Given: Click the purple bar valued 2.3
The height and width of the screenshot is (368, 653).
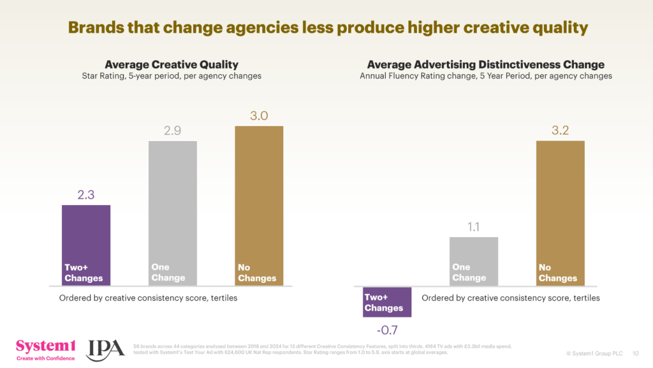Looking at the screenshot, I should pos(86,245).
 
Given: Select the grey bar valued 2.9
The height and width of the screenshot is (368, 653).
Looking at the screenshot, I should pos(173,213).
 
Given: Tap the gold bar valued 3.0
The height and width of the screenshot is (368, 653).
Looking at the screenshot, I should pos(259,205).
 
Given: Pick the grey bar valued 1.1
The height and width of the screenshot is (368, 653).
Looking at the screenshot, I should pos(474,261).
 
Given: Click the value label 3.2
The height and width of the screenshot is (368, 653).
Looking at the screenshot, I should pos(561,131).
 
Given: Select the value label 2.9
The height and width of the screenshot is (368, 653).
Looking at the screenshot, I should pos(173,131).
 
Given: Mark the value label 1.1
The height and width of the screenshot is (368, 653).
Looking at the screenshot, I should pos(474,227).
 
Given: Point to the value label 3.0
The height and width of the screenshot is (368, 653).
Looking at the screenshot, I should pos(259,116).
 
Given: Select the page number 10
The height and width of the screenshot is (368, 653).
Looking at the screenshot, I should pos(635,353).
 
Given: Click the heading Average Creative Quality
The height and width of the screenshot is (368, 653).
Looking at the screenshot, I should pos(172,65).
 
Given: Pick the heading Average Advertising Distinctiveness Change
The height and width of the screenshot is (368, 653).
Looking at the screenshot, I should pos(486,65).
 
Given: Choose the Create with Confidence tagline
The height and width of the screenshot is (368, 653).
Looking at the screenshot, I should pos(45,358).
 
